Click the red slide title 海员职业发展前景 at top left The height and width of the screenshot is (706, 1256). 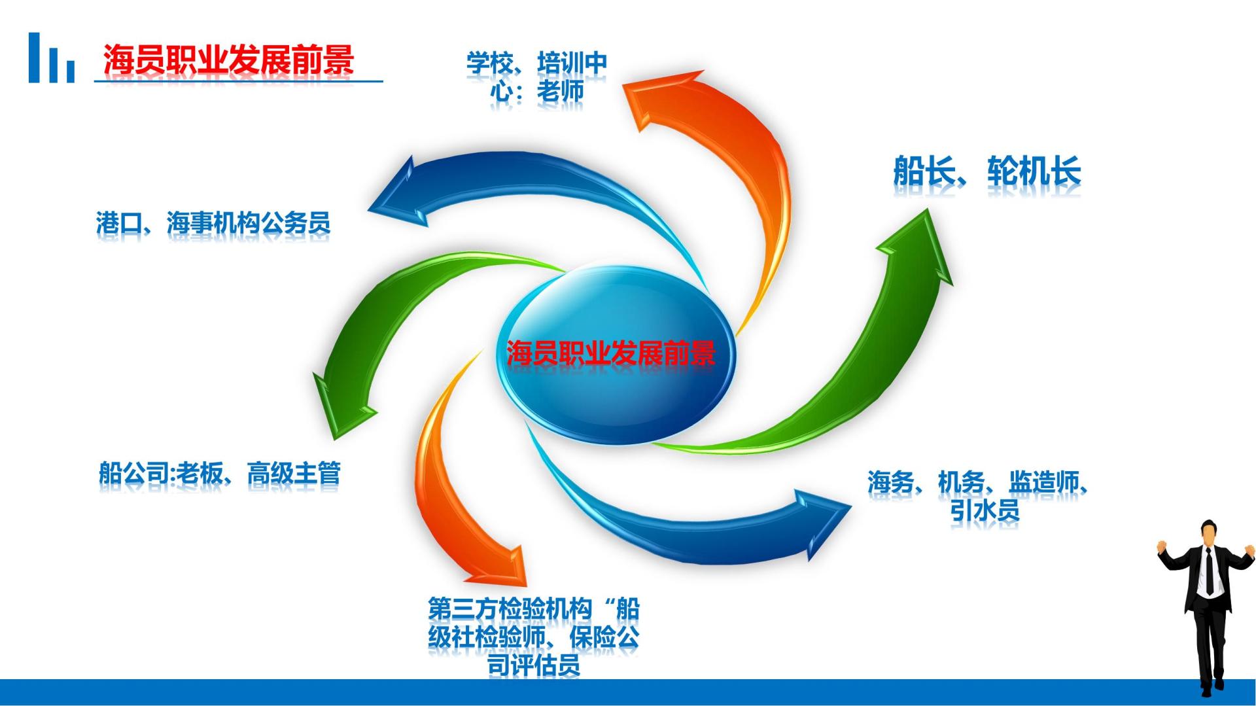(x=228, y=60)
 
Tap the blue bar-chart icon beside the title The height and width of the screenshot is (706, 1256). (x=51, y=59)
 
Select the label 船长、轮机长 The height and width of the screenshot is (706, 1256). (x=986, y=171)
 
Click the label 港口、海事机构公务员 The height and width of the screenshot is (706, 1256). (x=213, y=223)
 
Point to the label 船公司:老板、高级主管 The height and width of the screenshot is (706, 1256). (x=220, y=473)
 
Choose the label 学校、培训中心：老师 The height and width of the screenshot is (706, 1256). (x=536, y=77)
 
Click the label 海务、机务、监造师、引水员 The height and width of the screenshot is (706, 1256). (x=977, y=496)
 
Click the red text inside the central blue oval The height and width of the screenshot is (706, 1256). (x=611, y=353)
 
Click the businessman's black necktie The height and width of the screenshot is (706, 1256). (x=1210, y=571)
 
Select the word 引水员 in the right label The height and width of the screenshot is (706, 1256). (x=985, y=510)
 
